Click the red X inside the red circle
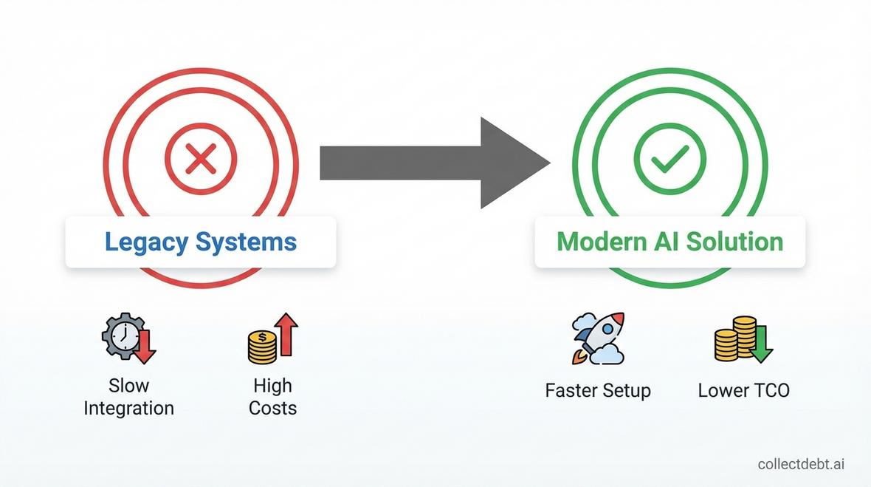tap(201, 158)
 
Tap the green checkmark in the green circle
tap(670, 158)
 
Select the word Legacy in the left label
tap(146, 242)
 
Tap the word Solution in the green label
tap(735, 242)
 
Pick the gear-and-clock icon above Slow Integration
tap(129, 338)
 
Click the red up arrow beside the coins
tap(286, 334)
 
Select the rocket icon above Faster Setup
tap(598, 338)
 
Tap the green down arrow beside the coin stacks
tap(760, 344)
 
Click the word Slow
tap(129, 385)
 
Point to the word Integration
tap(129, 408)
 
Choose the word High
tap(273, 385)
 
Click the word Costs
tap(273, 408)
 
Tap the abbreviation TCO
tap(769, 390)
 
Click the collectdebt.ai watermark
tap(801, 463)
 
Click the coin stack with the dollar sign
tap(262, 347)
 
